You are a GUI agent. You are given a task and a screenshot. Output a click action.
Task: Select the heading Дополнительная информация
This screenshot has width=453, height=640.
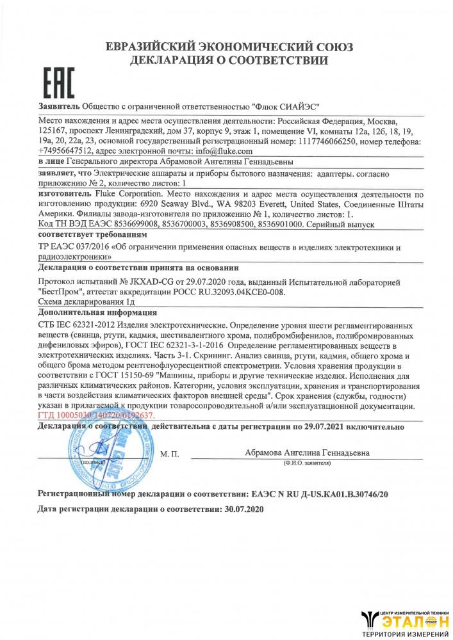coord(98,313)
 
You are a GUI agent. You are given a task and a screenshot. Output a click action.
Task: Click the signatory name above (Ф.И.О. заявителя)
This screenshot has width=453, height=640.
coord(307,452)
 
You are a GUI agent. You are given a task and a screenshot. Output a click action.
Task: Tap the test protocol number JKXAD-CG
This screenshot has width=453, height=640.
coord(156,282)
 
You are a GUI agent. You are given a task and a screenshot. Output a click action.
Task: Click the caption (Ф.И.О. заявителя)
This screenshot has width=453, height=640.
coord(307,462)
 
